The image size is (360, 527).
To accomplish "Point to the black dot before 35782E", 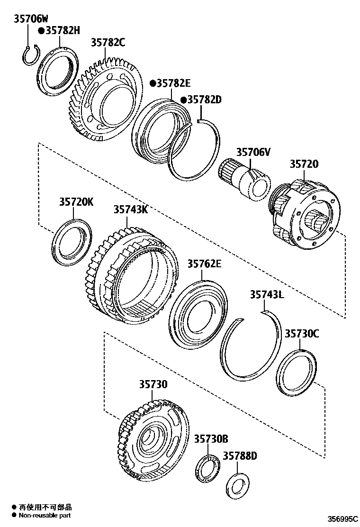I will point(153,83).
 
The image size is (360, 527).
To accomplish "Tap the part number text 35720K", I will point(76,202).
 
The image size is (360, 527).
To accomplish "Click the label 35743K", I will point(130,209).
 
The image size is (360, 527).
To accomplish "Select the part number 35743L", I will point(267,295).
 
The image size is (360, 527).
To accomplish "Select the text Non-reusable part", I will point(45,515).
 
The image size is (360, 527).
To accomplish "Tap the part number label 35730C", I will point(302,333).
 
